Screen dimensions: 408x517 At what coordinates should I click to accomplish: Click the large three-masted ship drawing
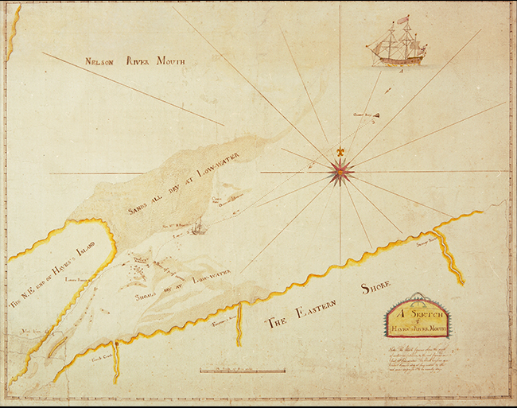point(395,45)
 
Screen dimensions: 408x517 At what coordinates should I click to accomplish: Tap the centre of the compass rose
point(341,169)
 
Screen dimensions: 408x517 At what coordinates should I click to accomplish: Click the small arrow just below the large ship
point(403,71)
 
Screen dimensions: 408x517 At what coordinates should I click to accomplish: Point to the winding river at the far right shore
point(451,254)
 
